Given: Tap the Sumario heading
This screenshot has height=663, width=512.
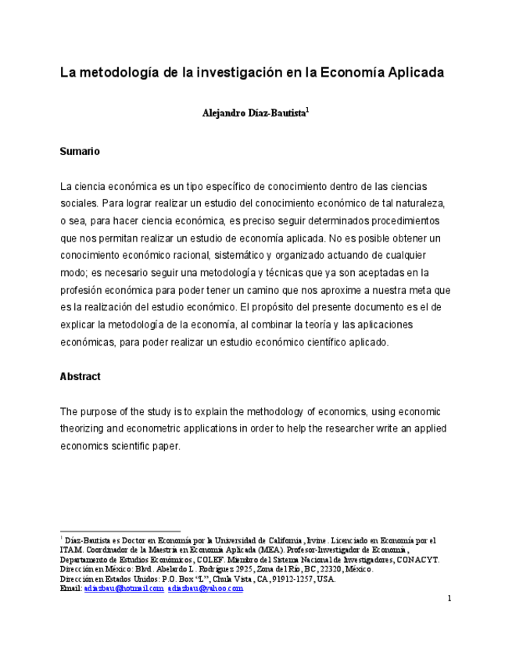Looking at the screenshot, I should point(80,151).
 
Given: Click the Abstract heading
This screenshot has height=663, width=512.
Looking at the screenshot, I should point(80,376).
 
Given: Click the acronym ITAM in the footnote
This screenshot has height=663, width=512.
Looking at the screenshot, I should point(71,550).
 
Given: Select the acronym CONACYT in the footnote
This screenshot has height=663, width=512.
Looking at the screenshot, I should point(417,560).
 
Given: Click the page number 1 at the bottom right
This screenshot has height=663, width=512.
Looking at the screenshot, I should point(449,599).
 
